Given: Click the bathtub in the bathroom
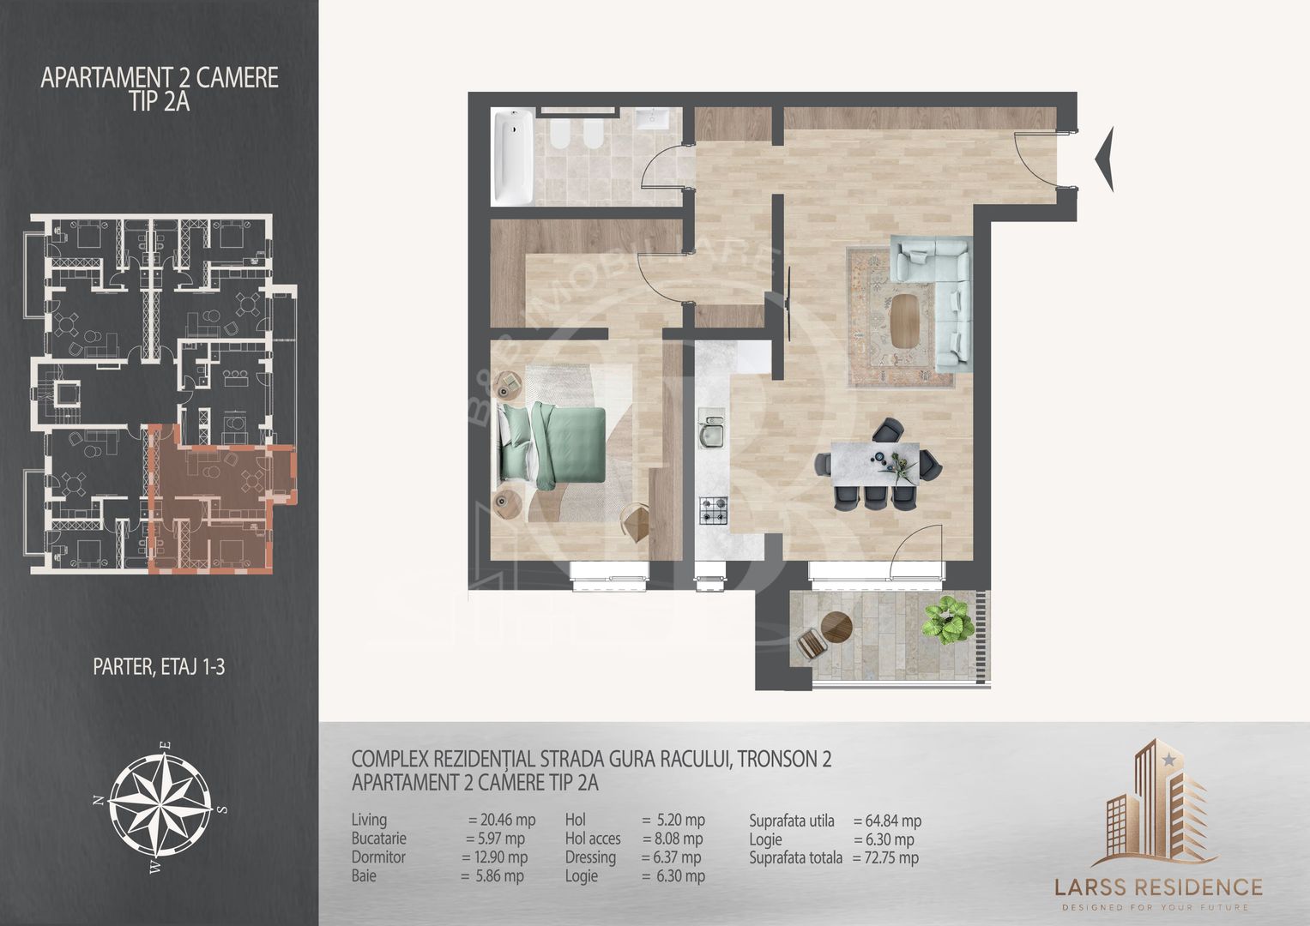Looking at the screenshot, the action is [512, 157].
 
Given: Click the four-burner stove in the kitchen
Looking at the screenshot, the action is [714, 510].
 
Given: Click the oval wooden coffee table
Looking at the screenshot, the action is [903, 321].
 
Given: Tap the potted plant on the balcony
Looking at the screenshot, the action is [948, 620].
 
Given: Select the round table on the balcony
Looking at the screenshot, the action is [836, 628].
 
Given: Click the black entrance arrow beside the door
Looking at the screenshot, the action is [1104, 159].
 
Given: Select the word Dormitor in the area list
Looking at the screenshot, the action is [378, 857].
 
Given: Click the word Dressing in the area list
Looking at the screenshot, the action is [590, 857].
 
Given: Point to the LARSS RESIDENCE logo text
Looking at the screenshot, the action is [1158, 887].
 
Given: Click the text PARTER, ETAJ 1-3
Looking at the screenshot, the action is [159, 667].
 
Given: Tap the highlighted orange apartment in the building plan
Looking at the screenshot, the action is [222, 497].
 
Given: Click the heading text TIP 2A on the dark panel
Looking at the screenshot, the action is [159, 102].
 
